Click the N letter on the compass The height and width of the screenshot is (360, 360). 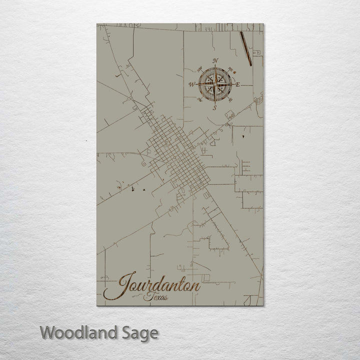[215, 61]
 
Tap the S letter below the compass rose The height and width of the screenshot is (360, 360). [214, 107]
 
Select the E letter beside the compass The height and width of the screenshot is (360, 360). [237, 84]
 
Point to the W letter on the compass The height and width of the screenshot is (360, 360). [192, 85]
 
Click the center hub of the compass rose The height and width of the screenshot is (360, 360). [214, 84]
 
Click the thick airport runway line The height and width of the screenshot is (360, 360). [244, 48]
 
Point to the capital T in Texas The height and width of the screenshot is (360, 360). [145, 297]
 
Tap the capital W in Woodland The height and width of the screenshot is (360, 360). [47, 332]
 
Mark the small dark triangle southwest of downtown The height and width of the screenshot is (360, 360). [142, 190]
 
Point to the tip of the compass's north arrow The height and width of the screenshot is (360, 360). [215, 67]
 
